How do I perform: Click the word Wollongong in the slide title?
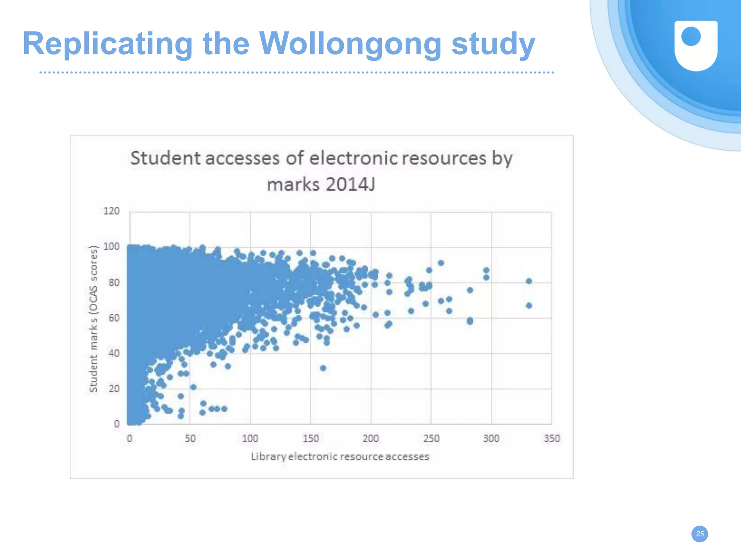coord(350,44)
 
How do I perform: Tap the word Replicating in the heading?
coord(107,44)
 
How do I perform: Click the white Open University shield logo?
coord(696,45)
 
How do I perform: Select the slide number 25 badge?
coord(700,534)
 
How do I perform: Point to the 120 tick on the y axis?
coord(111,211)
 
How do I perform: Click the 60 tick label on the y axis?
coord(114,318)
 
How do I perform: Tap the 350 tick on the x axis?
coord(552,438)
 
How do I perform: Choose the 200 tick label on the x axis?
coord(370,438)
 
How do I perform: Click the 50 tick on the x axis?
coord(190,438)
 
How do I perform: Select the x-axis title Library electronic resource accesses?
coord(340,457)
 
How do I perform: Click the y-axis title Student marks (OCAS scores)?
coord(93,319)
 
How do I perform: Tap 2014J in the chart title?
coord(350,184)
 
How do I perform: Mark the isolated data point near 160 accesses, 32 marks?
coord(323,368)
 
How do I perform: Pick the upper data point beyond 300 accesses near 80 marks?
coord(529,281)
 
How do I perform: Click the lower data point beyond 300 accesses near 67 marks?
coord(529,306)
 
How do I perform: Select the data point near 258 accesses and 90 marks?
coord(441,263)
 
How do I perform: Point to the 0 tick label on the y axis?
coord(117,424)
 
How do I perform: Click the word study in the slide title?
coord(493,44)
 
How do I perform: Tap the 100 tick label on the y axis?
coord(111,247)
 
